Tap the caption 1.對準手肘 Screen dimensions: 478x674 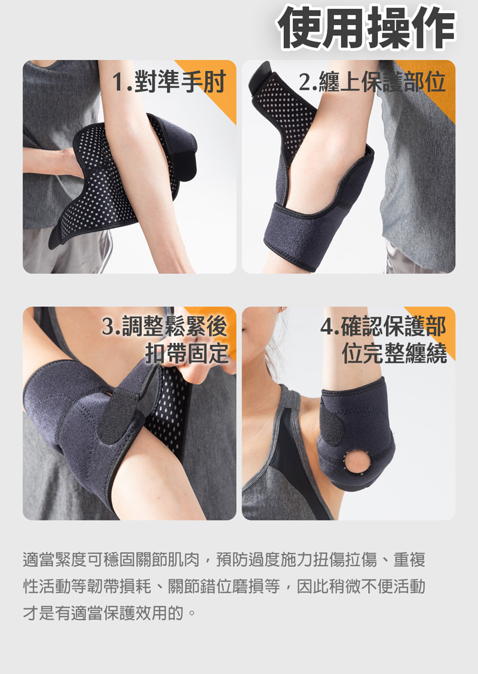point(169,82)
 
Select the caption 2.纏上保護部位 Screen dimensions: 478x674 point(372,82)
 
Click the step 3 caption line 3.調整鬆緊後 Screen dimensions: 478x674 point(164,327)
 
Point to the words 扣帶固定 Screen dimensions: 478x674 point(186,353)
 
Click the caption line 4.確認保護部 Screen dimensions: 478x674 point(384,327)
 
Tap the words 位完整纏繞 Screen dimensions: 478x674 point(394,353)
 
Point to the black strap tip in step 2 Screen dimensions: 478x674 point(261,75)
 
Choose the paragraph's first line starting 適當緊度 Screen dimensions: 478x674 point(224,560)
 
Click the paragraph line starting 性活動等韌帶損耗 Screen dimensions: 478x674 point(224,586)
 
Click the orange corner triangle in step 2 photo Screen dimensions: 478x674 point(434,82)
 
